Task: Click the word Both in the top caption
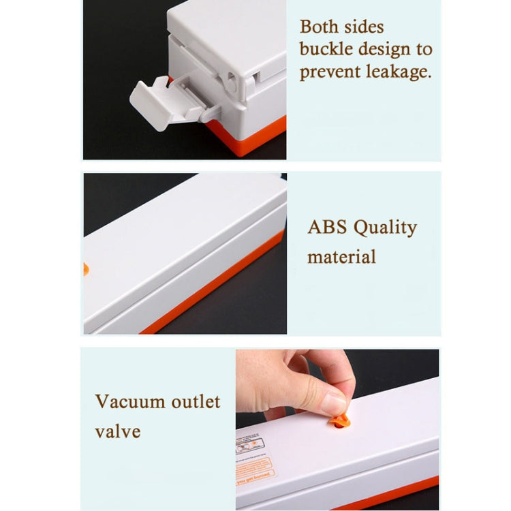pyautogui.click(x=319, y=27)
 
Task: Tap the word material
pyautogui.click(x=341, y=257)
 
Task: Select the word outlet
pyautogui.click(x=193, y=401)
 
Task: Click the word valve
pyautogui.click(x=117, y=431)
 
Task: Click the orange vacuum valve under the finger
pyautogui.click(x=339, y=421)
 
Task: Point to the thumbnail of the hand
pyautogui.click(x=335, y=403)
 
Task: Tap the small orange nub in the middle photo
pyautogui.click(x=86, y=268)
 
